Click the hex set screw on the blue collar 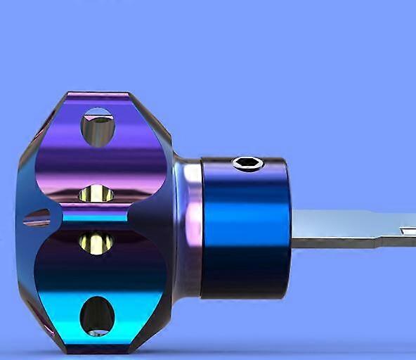tap(247, 164)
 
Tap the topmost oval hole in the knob tap(98, 127)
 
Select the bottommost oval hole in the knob tap(97, 316)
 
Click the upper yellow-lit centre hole tap(96, 193)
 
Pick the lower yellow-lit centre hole tap(96, 243)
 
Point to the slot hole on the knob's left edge tap(37, 218)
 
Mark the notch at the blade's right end tap(408, 230)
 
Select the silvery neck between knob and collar tap(188, 225)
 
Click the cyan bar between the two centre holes tap(95, 217)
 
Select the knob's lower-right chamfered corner tap(153, 330)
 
